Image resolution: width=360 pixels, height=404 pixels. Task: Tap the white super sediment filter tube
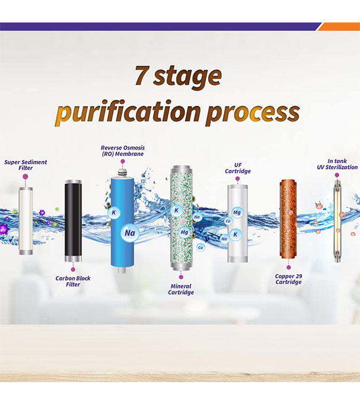[26, 219]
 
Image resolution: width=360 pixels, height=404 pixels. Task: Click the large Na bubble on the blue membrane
[129, 232]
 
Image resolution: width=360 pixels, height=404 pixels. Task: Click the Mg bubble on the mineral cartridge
[185, 232]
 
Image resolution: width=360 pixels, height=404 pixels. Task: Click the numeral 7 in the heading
[142, 77]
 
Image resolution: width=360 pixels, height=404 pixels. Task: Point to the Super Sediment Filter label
[25, 165]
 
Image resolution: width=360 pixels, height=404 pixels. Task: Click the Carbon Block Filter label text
[73, 281]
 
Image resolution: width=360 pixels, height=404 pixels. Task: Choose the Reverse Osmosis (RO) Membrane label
[122, 151]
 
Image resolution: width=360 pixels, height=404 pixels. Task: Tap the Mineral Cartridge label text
[181, 289]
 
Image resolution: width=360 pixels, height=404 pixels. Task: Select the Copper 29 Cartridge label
[289, 279]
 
